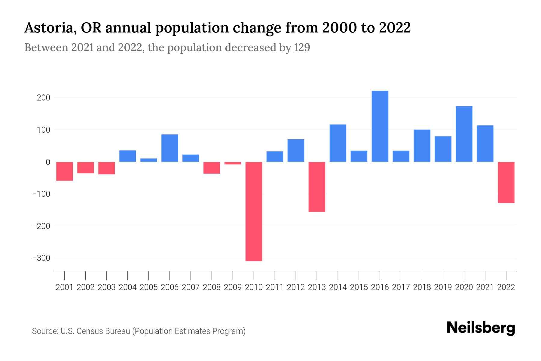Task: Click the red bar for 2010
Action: [254, 211]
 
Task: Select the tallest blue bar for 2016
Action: [380, 126]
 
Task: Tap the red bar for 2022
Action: [506, 182]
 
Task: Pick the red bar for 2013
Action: [317, 187]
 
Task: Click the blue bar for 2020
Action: [464, 134]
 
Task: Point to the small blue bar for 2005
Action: [148, 160]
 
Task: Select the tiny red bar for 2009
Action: [233, 163]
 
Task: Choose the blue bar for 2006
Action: [170, 148]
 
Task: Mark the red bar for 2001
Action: [64, 171]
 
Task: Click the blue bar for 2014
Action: [338, 143]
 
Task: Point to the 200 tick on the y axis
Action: [44, 98]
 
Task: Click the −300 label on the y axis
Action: [41, 258]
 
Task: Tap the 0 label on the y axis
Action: [48, 162]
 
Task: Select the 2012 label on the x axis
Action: [296, 287]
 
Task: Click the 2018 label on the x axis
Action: [422, 287]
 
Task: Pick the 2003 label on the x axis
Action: [107, 287]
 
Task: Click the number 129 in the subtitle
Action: [302, 48]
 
